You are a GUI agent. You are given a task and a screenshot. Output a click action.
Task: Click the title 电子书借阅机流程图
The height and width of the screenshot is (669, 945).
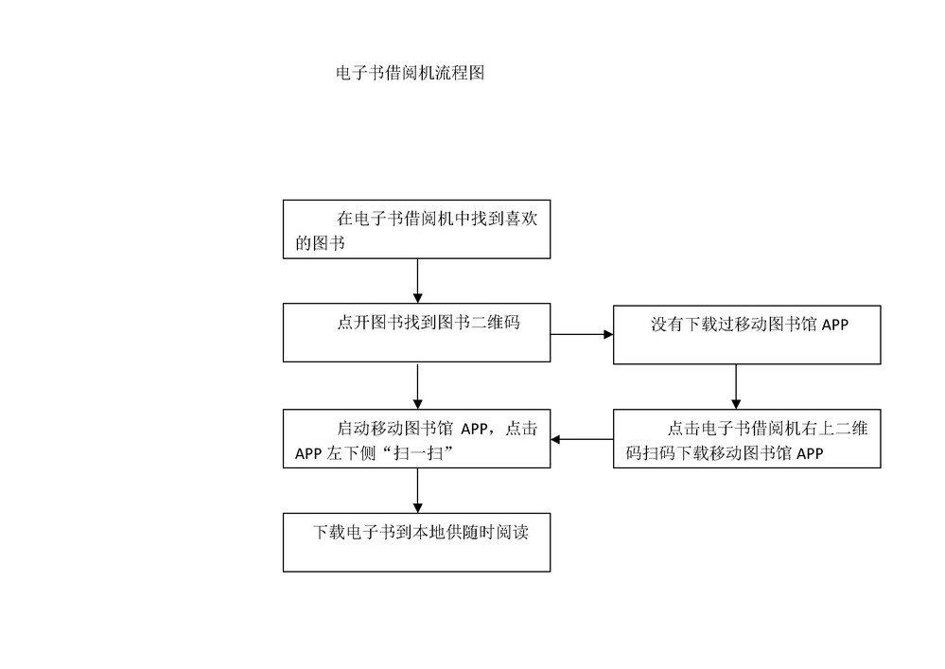(410, 73)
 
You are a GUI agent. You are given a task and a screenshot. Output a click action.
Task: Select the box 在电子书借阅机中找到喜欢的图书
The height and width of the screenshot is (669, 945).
(416, 230)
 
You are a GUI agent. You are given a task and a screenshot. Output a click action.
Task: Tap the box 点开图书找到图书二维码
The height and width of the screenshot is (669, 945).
(416, 333)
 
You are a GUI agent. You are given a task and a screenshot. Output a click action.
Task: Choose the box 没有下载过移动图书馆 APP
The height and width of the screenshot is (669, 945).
(746, 335)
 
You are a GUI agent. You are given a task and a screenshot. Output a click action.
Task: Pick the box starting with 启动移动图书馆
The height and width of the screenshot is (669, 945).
(416, 439)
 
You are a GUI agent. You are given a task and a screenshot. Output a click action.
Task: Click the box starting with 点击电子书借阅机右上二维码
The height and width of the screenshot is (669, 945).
(746, 439)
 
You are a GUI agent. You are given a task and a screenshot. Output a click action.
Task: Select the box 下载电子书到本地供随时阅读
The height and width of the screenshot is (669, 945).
(416, 542)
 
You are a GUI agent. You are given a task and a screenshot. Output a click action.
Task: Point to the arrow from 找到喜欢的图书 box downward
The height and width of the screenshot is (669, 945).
(418, 281)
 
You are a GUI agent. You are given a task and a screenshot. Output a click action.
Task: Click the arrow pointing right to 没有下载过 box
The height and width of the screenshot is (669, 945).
(582, 334)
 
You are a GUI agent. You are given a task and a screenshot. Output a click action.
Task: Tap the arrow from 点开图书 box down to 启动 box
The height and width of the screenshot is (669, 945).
(418, 386)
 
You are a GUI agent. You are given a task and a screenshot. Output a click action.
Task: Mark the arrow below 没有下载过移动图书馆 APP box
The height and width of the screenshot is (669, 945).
(736, 387)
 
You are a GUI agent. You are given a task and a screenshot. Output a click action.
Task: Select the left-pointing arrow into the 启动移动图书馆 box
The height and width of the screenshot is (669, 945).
(582, 439)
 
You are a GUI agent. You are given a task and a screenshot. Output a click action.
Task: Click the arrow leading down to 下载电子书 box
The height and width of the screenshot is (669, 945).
(418, 490)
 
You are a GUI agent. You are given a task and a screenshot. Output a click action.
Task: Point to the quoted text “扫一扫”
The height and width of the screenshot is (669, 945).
(415, 452)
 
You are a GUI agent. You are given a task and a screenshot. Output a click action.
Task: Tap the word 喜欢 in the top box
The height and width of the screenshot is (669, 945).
(520, 219)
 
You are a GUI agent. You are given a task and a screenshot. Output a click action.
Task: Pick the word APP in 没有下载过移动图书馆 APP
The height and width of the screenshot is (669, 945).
(834, 325)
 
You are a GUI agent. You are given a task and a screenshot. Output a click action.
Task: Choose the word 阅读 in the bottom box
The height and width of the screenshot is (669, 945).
(513, 532)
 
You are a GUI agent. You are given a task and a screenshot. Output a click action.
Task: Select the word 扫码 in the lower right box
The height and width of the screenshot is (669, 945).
(658, 453)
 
